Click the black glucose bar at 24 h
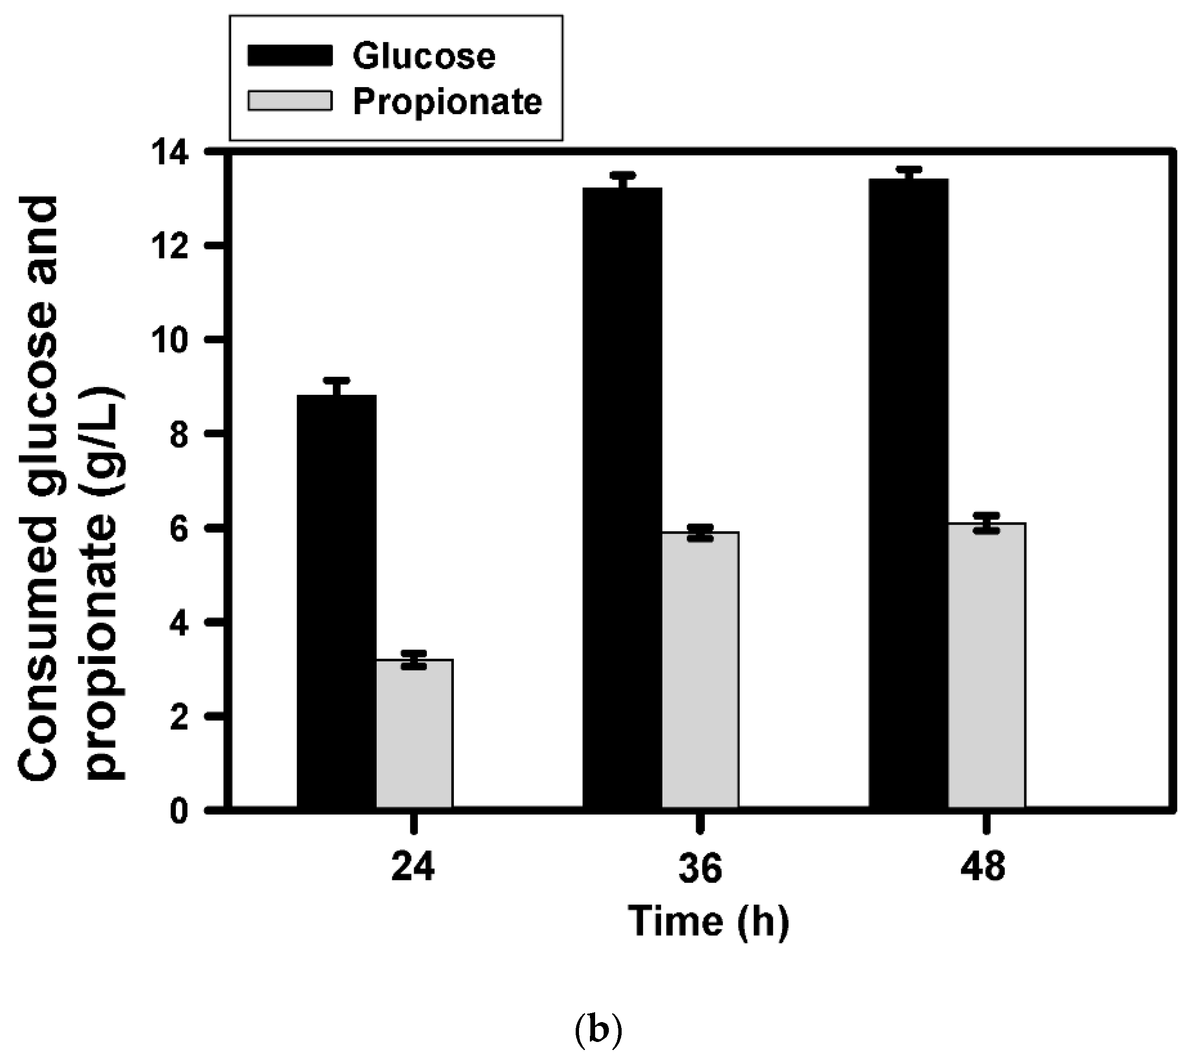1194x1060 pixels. point(336,602)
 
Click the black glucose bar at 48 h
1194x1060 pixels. point(908,494)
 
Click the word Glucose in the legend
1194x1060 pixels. point(424,57)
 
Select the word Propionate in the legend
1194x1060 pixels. point(447,102)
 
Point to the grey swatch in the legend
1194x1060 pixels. point(290,101)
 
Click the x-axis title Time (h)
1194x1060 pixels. point(708,922)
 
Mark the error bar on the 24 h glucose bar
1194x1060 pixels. point(336,386)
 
